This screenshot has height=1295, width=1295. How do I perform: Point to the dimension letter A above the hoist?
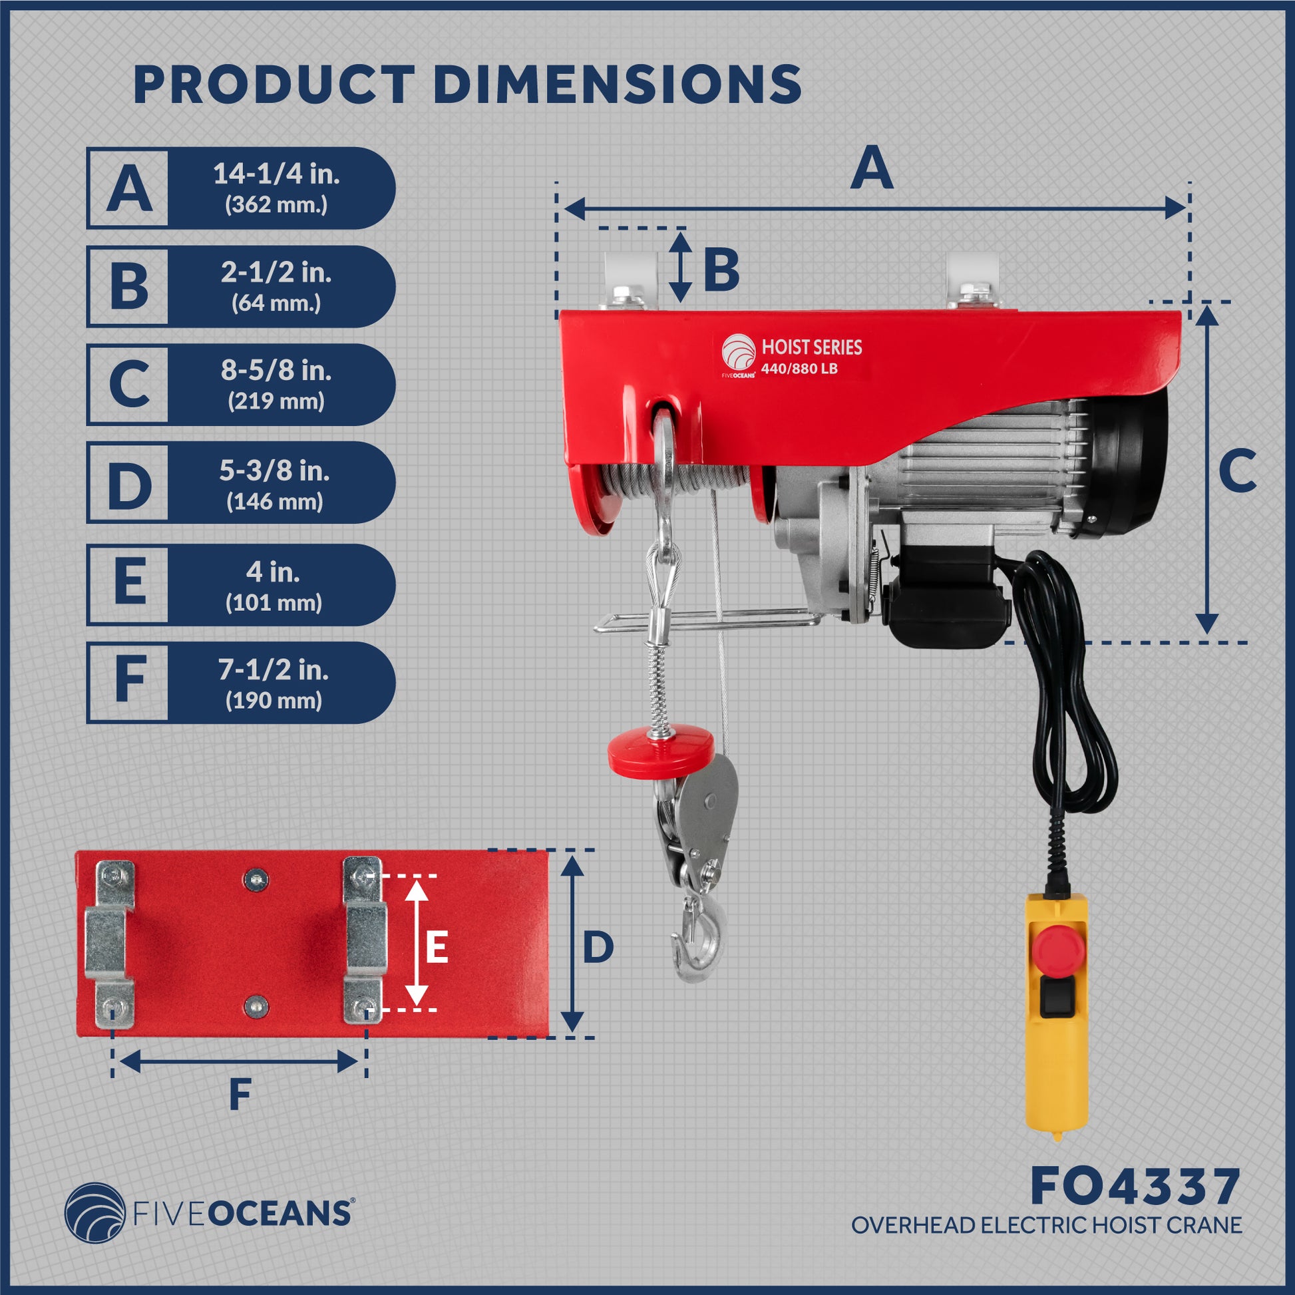click(871, 169)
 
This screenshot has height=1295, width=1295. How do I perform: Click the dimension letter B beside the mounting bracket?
click(721, 270)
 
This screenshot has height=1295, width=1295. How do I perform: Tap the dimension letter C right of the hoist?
click(1237, 470)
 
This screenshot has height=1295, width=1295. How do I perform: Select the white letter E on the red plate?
click(437, 948)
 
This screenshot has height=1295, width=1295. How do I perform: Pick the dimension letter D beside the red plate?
click(598, 948)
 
